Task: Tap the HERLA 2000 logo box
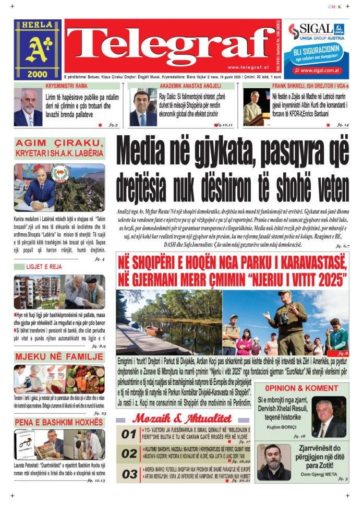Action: point(38,49)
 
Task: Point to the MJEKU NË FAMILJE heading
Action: point(59,357)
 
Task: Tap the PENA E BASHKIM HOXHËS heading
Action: point(59,422)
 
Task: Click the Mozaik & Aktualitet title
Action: point(181,418)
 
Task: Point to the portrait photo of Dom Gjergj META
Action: point(273,462)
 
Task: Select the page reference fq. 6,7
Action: point(342,245)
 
